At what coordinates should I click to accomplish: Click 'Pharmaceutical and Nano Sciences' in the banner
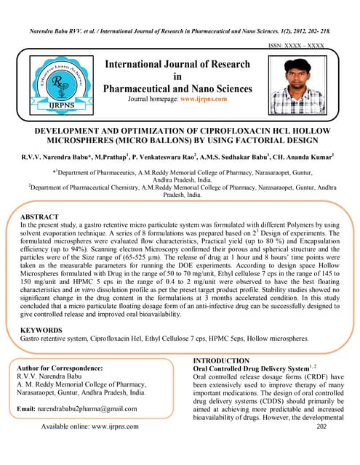coord(179,89)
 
